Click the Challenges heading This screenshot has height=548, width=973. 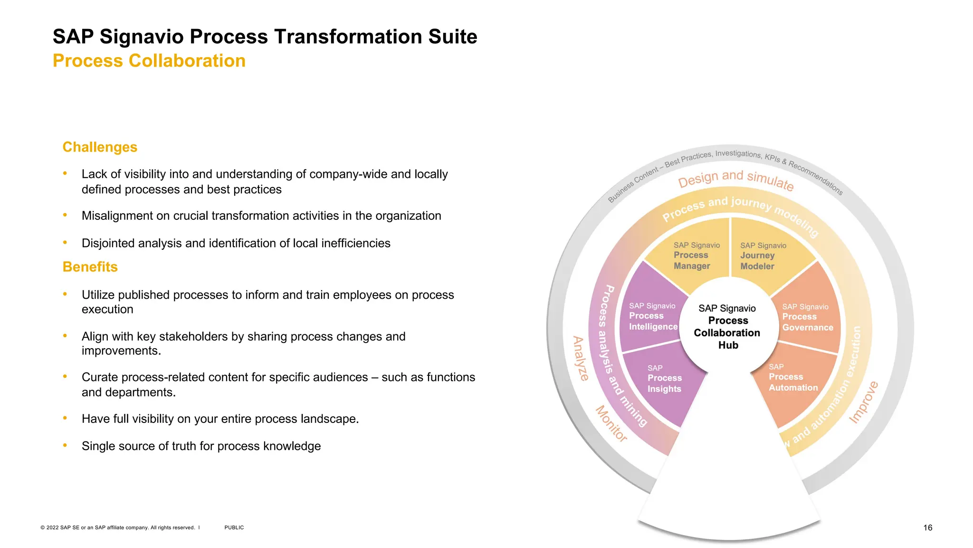coord(100,147)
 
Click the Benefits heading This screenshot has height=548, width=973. coord(90,267)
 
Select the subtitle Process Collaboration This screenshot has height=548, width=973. coord(149,61)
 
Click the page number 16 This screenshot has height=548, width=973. coord(927,528)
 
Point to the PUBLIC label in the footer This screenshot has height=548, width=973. coord(234,528)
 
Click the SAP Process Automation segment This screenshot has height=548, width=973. coord(792,378)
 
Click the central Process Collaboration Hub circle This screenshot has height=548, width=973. coord(728,327)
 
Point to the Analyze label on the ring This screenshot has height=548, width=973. coord(581,358)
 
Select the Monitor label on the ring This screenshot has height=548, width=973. coord(611,423)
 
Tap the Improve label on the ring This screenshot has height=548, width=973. coord(863,402)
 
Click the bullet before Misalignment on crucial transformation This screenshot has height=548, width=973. coord(65,215)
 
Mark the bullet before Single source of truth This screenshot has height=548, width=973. coord(65,446)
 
